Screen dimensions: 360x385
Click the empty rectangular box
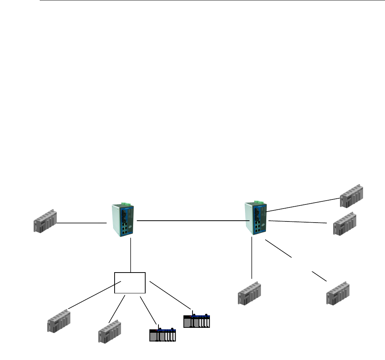130,282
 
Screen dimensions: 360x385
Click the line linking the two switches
193,220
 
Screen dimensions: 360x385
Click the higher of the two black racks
197,321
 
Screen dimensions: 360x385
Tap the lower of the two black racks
163,335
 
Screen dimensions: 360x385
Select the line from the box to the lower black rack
149,310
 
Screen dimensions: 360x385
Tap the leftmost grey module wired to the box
59,321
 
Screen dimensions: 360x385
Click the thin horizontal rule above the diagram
212,0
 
